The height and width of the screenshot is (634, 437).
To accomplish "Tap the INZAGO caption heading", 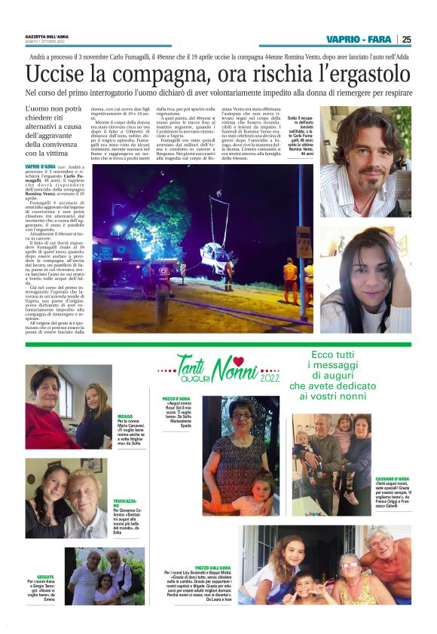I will [x=125, y=415].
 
